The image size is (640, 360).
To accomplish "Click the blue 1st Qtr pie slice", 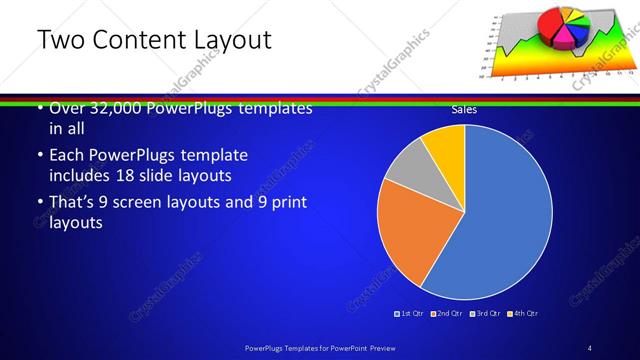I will pos(505,220).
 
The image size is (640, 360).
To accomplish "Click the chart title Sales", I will pos(463,110).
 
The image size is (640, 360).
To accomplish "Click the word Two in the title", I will pos(59,40).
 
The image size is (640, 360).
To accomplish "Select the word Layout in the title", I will pos(233,40).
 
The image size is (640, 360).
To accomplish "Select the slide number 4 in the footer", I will pos(590,347).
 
